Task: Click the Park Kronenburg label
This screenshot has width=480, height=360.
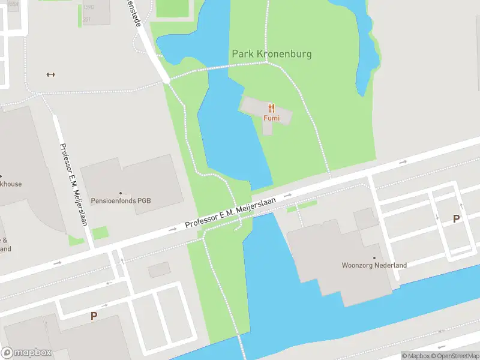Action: click(x=272, y=54)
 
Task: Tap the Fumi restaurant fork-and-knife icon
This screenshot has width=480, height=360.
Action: click(x=271, y=108)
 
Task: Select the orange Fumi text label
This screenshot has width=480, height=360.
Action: click(x=271, y=118)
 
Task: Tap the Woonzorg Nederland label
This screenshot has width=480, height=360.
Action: click(x=374, y=265)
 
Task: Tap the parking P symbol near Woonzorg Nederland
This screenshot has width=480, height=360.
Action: click(x=456, y=219)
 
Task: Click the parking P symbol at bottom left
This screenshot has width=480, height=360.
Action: click(x=94, y=316)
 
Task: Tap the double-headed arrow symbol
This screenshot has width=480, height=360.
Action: click(x=50, y=74)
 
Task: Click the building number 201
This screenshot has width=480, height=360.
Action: click(x=86, y=20)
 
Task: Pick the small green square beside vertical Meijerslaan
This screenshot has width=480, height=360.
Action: click(x=100, y=233)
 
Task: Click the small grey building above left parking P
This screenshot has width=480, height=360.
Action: click(x=158, y=269)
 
